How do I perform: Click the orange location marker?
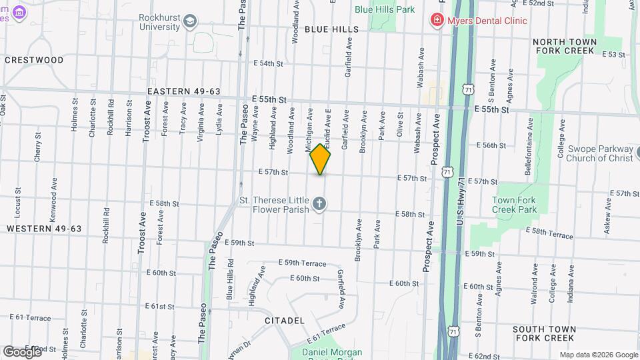tap(320, 159)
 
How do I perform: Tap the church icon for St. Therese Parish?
tap(319, 204)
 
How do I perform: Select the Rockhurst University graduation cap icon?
tap(191, 21)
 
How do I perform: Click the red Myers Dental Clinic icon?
tap(437, 20)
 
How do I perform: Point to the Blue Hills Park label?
tap(385, 9)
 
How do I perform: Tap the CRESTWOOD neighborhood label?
tap(34, 60)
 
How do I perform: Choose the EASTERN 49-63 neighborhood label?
tap(184, 91)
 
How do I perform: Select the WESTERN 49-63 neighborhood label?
tap(44, 229)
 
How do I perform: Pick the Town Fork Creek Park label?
tap(514, 205)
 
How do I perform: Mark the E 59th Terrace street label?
tap(302, 263)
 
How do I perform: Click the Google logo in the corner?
tap(22, 351)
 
